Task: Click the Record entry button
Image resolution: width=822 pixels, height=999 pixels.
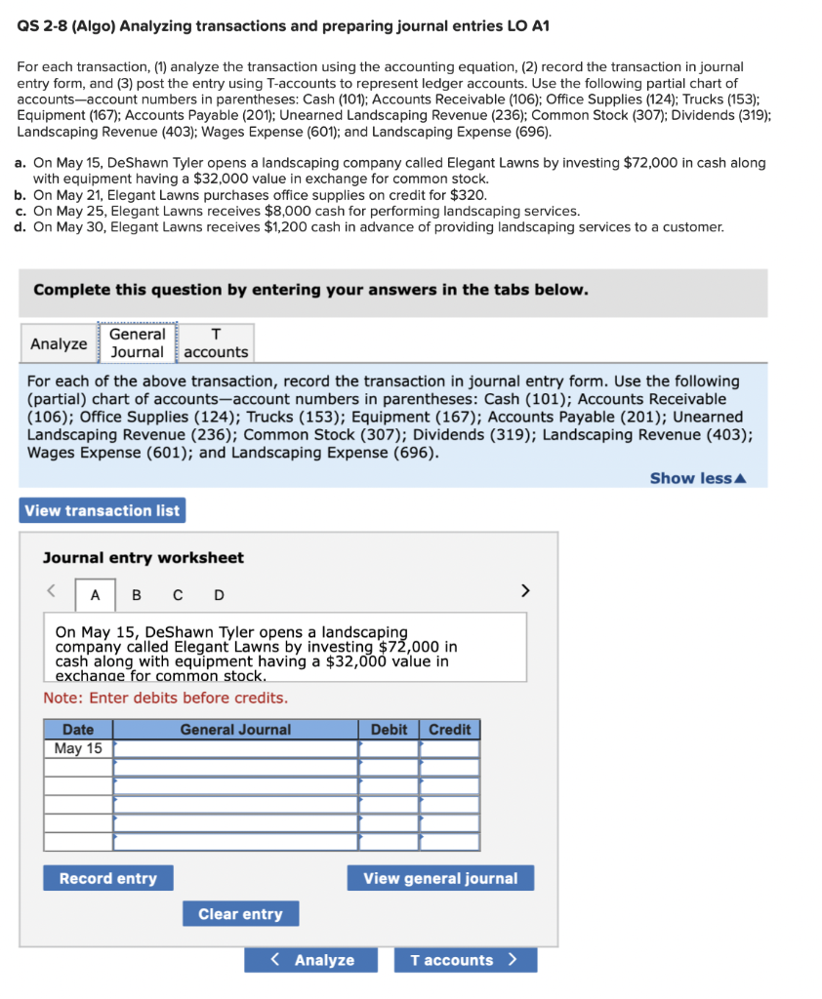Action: pos(107,878)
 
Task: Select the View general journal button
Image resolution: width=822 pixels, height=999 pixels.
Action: pos(440,878)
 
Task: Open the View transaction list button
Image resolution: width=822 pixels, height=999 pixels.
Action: pos(102,510)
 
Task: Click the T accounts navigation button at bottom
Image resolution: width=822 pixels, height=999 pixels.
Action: pos(465,960)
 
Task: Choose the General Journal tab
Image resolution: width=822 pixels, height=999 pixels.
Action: pos(137,342)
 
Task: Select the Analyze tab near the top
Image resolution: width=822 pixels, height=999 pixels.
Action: pos(59,343)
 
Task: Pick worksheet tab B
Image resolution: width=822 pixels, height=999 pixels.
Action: pos(136,595)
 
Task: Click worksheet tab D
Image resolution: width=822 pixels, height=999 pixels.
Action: pos(219,595)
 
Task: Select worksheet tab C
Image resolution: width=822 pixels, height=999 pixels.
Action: pos(178,595)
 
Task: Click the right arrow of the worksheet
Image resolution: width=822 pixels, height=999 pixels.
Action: pos(525,590)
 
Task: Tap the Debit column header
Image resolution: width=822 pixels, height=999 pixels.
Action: pos(389,729)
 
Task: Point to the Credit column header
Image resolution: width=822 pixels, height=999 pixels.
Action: pos(449,729)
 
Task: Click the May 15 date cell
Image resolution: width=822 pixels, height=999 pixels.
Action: pos(78,748)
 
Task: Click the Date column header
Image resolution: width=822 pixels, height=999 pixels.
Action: pos(78,729)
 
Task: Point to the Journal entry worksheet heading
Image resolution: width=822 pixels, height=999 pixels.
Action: pos(144,558)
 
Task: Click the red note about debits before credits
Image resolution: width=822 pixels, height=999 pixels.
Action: pos(165,698)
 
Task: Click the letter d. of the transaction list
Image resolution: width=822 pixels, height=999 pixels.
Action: pos(21,227)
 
